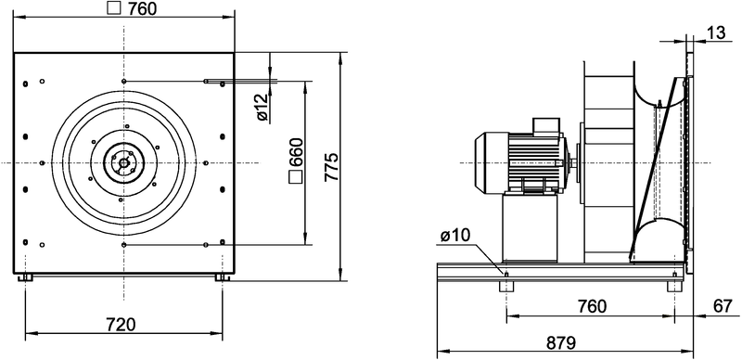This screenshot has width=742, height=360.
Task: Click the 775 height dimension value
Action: point(332,167)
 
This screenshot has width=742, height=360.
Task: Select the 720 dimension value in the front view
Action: point(121,325)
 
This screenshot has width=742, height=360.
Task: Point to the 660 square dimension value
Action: point(296,152)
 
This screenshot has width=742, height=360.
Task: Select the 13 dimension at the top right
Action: point(715,32)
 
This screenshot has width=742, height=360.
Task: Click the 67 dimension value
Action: point(723,306)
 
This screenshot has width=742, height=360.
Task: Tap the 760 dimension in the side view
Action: point(591,306)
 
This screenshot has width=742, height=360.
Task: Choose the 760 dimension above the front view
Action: point(141,8)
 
